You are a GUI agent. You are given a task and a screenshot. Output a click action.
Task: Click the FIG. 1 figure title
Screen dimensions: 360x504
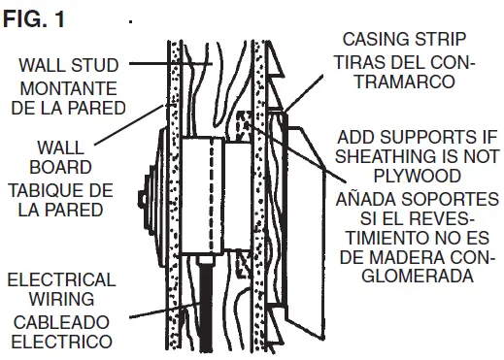(33, 17)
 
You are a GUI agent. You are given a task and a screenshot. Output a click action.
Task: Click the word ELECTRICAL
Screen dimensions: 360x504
(60, 280)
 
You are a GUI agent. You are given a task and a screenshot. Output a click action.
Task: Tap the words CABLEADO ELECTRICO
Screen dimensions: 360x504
(60, 331)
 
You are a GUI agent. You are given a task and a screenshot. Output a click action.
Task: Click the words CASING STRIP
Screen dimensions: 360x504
(406, 39)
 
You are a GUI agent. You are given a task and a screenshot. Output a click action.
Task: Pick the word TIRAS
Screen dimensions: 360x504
(359, 62)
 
